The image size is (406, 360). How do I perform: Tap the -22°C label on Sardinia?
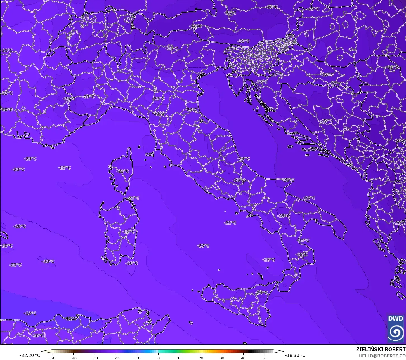click(128, 232)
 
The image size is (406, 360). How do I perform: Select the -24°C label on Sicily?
click(261, 293)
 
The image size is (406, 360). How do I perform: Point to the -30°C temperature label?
click(400, 141)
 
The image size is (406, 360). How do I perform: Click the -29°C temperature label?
click(400, 223)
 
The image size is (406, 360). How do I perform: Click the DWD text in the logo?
click(396, 319)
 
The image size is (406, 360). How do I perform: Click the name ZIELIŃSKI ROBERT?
click(381, 350)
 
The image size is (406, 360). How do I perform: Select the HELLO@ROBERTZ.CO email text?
click(382, 356)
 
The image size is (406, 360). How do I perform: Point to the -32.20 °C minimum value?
click(30, 355)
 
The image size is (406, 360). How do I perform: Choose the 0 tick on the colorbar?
click(158, 358)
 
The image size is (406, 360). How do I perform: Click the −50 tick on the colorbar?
click(52, 358)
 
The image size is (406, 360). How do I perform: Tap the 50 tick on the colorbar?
click(265, 358)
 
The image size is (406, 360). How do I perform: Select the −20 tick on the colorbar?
click(115, 358)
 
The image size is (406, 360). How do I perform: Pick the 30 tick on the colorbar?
click(222, 358)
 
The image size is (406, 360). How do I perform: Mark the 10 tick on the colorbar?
click(180, 358)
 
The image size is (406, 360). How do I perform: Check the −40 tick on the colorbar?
click(73, 358)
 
